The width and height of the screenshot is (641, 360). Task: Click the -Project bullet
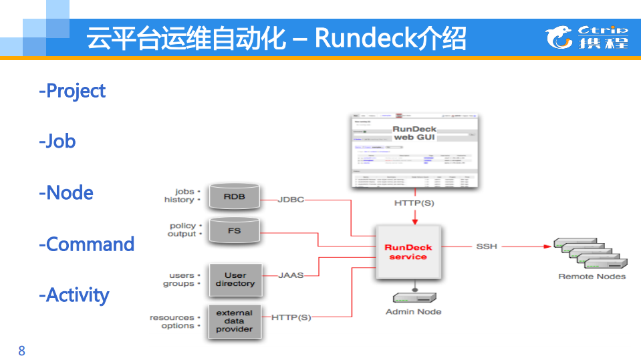coord(72,91)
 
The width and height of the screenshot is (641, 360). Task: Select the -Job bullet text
coord(57,142)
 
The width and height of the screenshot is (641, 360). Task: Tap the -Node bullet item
coord(66,193)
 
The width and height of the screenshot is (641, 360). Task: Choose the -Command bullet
coord(87,244)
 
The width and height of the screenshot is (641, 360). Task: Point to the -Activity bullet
coord(74,295)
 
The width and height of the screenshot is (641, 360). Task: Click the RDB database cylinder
coord(234,197)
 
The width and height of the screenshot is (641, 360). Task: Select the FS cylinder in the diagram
coord(234,231)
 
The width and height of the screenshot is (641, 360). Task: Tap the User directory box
coord(235,280)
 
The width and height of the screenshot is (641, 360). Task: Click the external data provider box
coord(235,321)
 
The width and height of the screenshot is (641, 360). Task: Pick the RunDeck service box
coord(408,252)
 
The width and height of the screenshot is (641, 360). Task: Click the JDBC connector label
coord(291,200)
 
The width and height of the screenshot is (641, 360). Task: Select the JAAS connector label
coord(291,275)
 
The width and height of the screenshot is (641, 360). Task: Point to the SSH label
coord(487,246)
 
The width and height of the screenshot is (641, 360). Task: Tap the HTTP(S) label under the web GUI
coord(414,203)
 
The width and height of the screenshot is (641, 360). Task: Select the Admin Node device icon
coord(414,297)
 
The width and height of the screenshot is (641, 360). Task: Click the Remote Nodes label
coord(592,277)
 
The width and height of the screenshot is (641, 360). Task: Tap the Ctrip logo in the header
coord(587,37)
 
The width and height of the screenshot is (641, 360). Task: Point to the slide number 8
coord(22,351)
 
